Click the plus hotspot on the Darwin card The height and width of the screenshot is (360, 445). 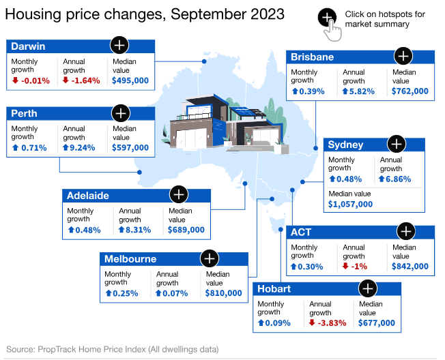119,45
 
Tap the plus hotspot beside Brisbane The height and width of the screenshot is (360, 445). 404,55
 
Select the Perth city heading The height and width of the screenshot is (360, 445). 25,113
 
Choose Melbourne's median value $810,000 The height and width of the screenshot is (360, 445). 223,293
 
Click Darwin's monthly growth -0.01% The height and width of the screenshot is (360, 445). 32,80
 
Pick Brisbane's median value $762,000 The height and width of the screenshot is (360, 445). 411,91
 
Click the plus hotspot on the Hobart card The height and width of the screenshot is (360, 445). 367,288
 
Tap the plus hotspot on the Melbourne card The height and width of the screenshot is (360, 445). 209,258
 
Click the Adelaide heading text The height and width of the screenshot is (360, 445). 88,195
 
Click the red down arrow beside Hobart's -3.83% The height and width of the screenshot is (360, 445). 312,323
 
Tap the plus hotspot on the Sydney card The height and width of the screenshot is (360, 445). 396,144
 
